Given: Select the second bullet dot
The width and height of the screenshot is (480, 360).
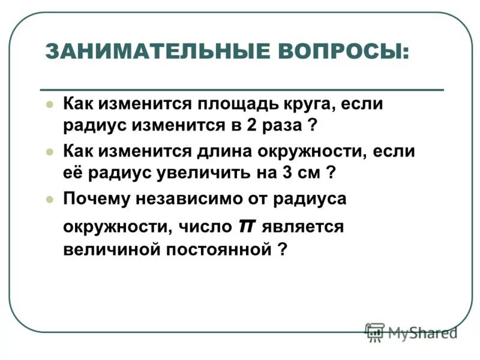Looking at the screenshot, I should click(x=50, y=149).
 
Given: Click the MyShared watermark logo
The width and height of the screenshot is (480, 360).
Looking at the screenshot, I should click(x=411, y=331).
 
